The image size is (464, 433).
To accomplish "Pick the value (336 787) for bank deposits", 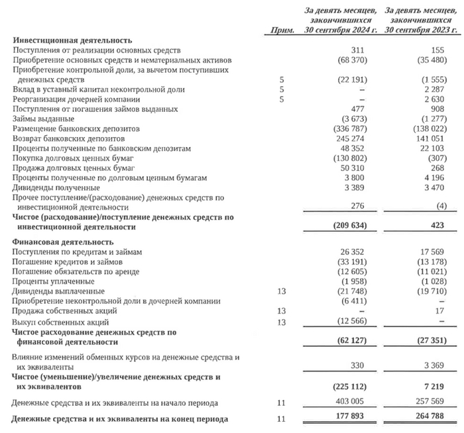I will tap(351, 128).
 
